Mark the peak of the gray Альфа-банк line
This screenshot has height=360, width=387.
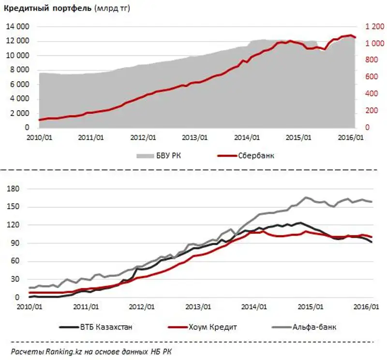(x=306, y=197)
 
